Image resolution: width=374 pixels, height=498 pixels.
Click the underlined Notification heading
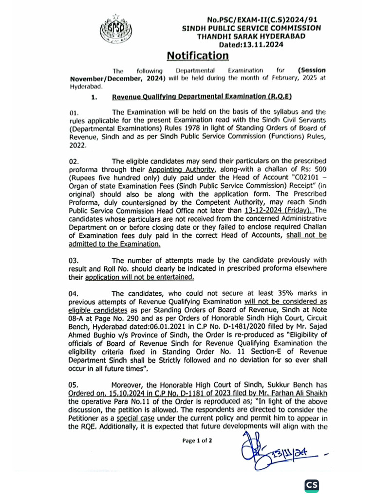[197, 55]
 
